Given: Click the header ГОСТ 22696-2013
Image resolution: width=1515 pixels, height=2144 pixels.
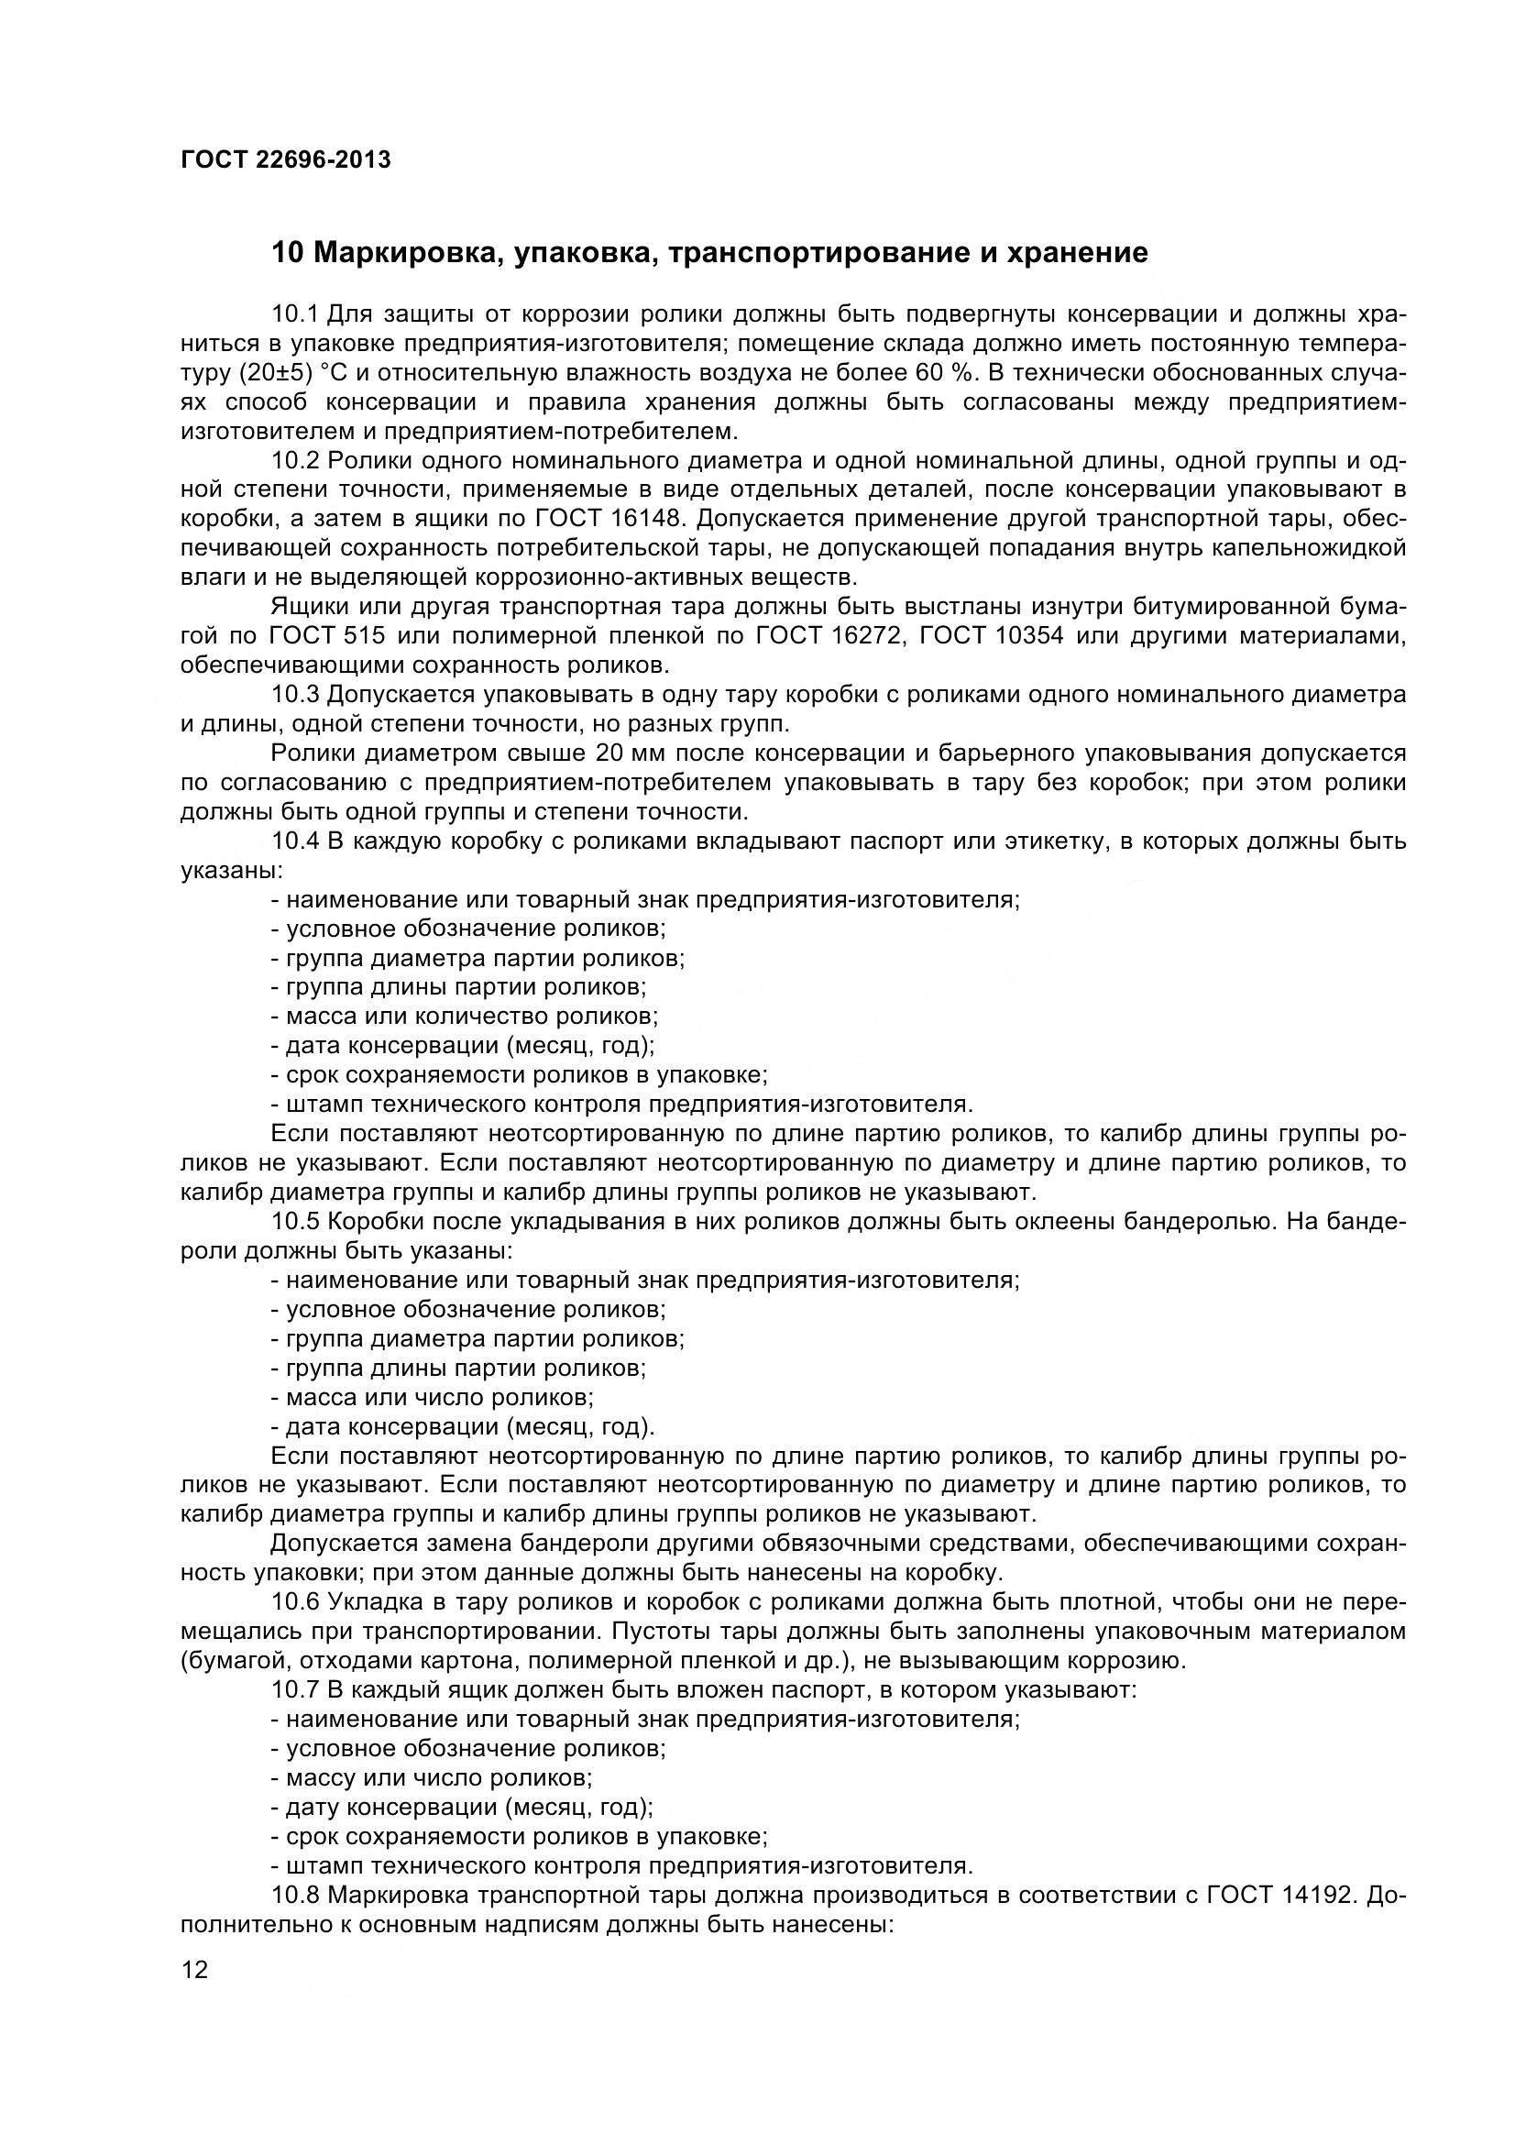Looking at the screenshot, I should pyautogui.click(x=285, y=160).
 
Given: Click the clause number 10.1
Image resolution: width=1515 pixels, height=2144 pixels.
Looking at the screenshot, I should pyautogui.click(x=295, y=313).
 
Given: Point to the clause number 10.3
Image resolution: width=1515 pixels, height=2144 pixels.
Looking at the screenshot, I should pyautogui.click(x=295, y=695).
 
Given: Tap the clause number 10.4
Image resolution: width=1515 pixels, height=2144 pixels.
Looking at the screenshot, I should pyautogui.click(x=295, y=841).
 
